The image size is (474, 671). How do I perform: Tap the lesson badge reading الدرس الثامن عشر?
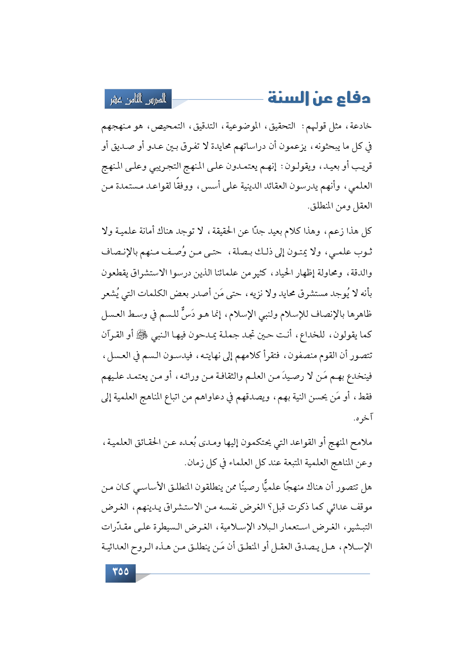[x=138, y=99]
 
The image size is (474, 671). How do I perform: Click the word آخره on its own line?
[x=363, y=418]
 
